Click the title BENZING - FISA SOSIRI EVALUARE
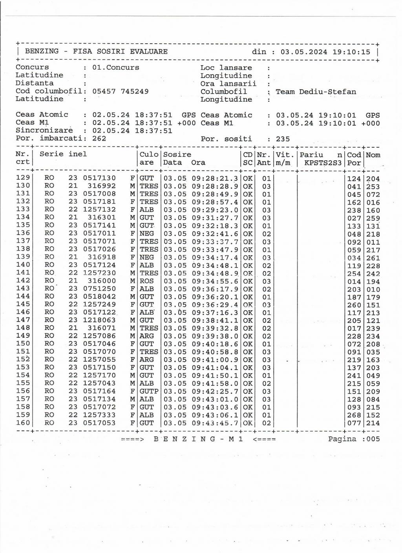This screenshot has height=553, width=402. (x=96, y=51)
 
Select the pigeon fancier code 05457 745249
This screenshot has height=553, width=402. (x=121, y=91)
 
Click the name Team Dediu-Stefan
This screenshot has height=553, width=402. (x=316, y=92)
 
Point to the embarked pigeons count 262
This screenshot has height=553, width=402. (x=99, y=138)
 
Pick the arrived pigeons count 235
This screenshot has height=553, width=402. (x=283, y=139)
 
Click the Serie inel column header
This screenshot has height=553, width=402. (x=63, y=154)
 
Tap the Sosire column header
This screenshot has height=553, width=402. (x=177, y=155)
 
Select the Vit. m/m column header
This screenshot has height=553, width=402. (x=285, y=159)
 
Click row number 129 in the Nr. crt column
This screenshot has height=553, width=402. (x=23, y=178)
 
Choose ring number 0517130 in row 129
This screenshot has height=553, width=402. (x=99, y=178)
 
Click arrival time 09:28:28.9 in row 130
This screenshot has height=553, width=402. (x=215, y=186)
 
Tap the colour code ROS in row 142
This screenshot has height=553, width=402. (x=147, y=281)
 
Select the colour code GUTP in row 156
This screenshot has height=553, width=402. (x=149, y=391)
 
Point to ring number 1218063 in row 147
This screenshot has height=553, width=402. (x=99, y=320)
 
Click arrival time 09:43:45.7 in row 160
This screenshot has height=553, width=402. (x=215, y=423)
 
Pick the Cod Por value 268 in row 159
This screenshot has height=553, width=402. (x=354, y=415)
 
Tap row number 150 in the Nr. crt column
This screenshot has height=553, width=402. (x=23, y=344)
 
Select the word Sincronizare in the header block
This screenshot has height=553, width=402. (x=44, y=130)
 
